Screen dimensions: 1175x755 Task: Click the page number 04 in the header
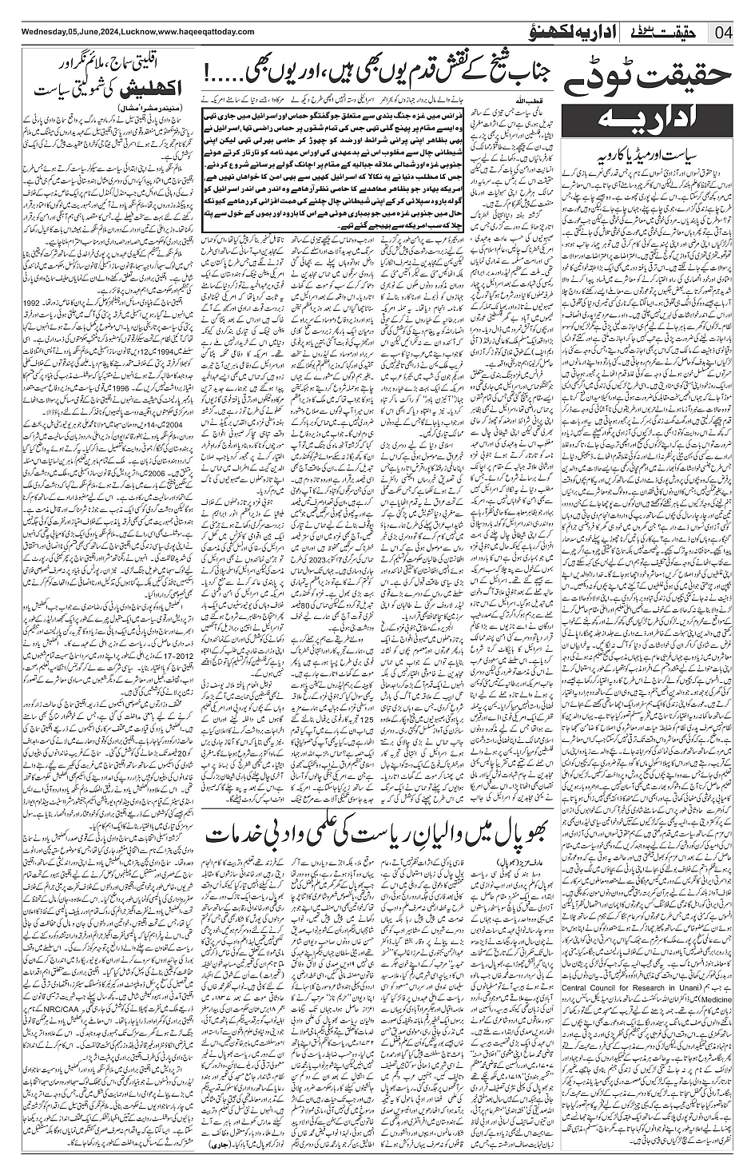click(x=726, y=33)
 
